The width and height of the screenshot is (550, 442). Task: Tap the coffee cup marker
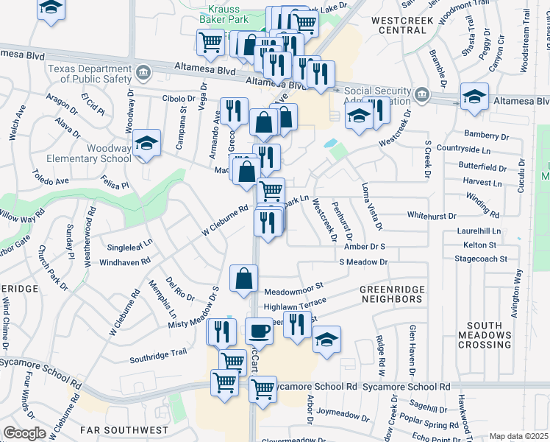click(x=258, y=331)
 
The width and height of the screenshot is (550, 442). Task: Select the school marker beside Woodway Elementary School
click(x=147, y=143)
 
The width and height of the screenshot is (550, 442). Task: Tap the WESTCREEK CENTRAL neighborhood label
click(x=404, y=25)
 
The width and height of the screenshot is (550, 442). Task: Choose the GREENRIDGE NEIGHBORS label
click(x=391, y=295)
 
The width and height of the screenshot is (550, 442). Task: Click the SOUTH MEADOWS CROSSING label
click(x=489, y=335)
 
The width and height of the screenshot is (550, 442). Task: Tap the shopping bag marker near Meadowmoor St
click(x=243, y=279)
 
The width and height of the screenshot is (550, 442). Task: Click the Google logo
click(x=24, y=433)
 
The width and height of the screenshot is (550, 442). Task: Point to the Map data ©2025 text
click(x=518, y=436)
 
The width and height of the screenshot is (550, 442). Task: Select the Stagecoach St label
click(x=482, y=259)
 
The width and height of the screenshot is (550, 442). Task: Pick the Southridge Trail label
click(x=158, y=354)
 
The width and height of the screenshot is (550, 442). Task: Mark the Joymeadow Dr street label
click(x=342, y=413)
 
